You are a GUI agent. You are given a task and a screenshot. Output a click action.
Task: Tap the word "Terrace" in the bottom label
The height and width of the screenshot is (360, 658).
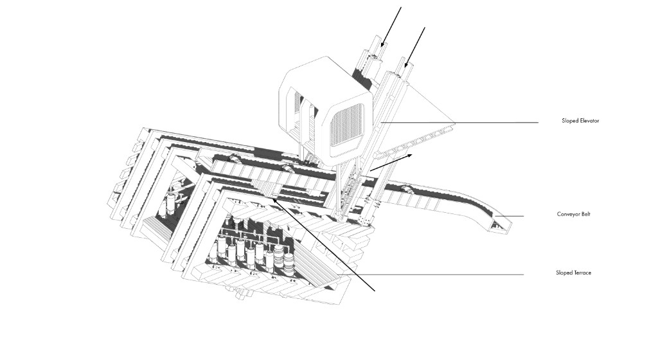[582, 273]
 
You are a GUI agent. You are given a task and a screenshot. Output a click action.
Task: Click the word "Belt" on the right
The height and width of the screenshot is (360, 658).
[585, 214]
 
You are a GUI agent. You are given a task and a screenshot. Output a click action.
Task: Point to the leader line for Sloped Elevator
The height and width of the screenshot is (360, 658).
[459, 123]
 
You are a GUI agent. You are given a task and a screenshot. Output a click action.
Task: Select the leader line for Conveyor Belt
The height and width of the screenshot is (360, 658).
[510, 216]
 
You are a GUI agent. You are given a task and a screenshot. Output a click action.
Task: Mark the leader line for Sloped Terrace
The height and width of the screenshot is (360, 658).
[436, 275]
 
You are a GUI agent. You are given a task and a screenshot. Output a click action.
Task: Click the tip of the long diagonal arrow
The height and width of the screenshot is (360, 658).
[272, 199]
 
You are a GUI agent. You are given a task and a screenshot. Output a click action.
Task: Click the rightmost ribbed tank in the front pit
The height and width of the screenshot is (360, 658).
[290, 261]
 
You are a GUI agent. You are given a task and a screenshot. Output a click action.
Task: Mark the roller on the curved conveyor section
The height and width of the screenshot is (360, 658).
[406, 189]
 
